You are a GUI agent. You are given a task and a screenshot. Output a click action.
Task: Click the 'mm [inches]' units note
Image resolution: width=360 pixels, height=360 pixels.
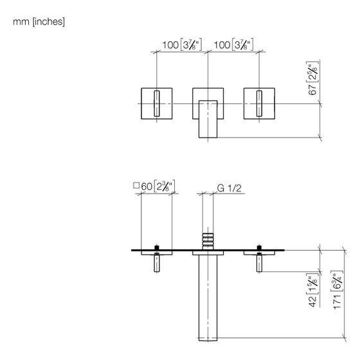click(x=39, y=22)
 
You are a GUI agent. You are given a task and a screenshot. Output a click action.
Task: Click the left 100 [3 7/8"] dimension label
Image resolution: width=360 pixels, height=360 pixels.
click(x=182, y=44)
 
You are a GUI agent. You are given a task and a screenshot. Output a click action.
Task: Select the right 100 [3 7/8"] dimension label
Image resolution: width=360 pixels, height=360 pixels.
click(x=233, y=44)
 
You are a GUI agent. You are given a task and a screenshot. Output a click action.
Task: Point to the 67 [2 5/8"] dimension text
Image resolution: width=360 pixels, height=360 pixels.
click(x=312, y=78)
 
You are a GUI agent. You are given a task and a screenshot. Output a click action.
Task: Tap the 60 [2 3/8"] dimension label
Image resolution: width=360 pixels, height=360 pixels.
click(x=158, y=186)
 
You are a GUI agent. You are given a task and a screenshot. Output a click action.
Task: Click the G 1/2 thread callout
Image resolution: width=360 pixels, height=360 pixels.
click(x=229, y=188)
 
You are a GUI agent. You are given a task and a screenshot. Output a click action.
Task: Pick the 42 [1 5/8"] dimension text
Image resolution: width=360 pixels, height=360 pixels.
click(x=312, y=290)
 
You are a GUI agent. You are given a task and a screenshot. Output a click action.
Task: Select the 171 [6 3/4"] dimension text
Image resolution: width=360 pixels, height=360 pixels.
click(x=337, y=290)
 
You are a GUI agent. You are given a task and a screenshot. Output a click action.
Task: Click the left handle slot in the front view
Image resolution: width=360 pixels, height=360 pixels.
click(x=157, y=104)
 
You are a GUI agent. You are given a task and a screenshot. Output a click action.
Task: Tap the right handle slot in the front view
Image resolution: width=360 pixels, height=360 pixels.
click(x=259, y=104)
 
